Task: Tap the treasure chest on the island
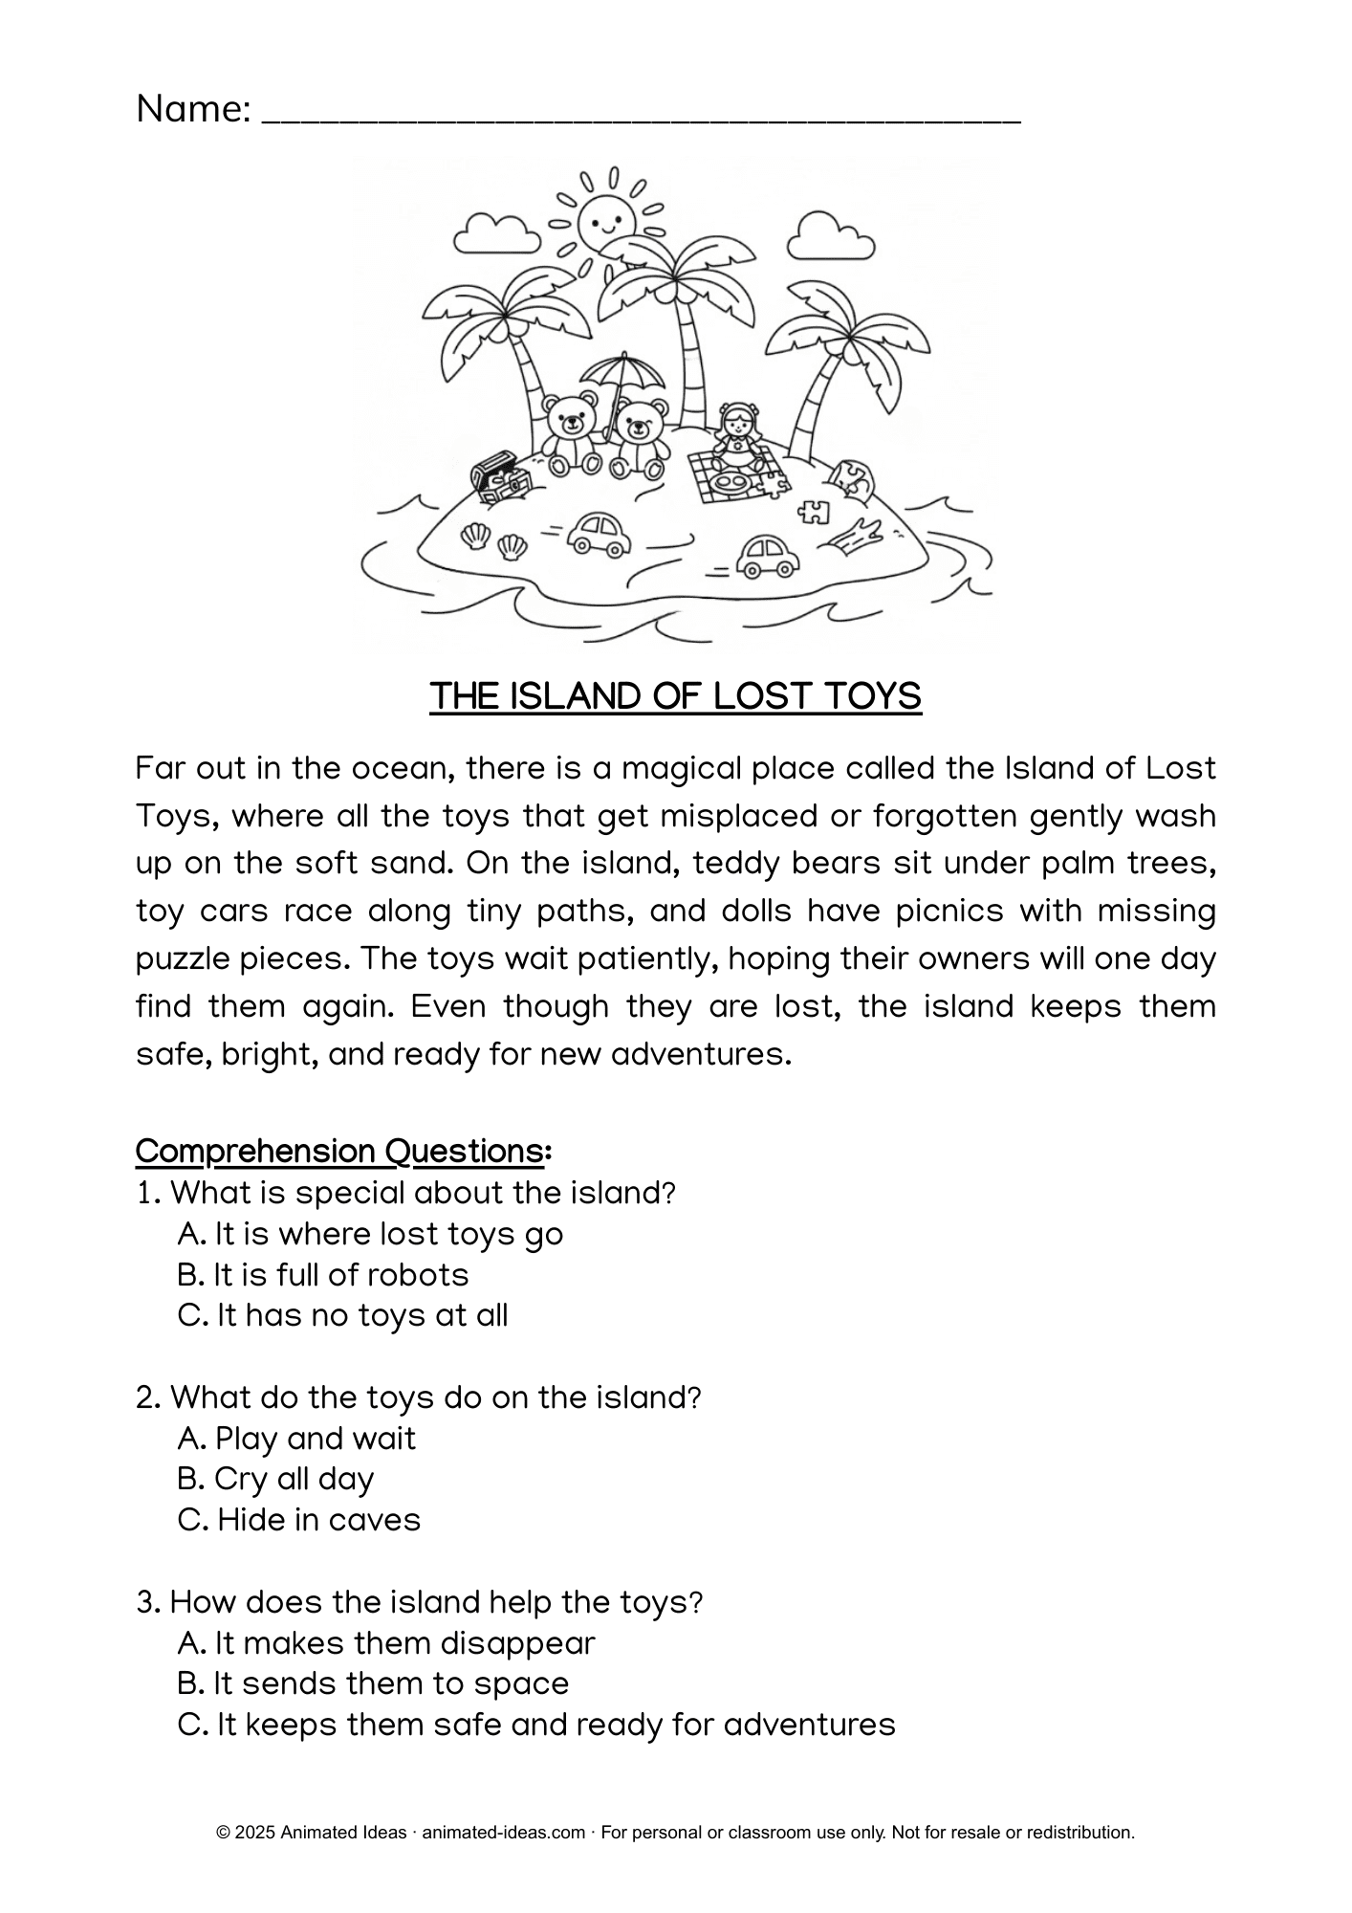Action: tap(500, 475)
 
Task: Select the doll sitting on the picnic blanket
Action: tap(739, 434)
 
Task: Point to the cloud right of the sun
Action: tap(830, 237)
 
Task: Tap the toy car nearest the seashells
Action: tap(599, 534)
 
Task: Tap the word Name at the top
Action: tap(190, 109)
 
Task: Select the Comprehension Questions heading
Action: tap(342, 1151)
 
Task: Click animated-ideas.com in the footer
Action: tap(503, 1833)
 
